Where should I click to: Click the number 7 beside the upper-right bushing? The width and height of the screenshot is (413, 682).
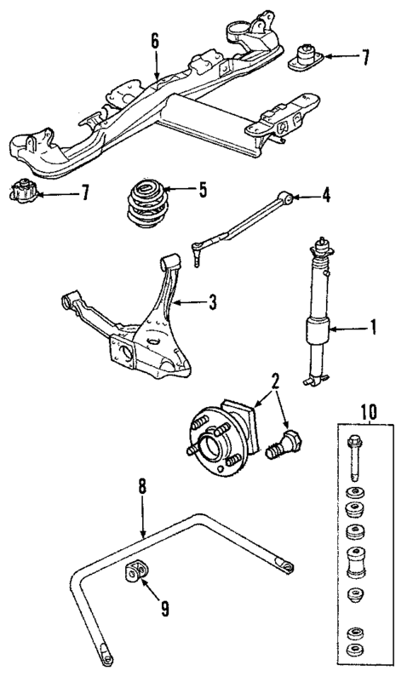pyautogui.click(x=365, y=58)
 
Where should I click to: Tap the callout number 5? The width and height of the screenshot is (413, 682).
pyautogui.click(x=203, y=190)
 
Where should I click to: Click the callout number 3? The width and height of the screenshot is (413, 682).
pyautogui.click(x=213, y=301)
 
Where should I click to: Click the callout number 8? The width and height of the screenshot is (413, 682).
pyautogui.click(x=142, y=487)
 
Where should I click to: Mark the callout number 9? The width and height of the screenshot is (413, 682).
pyautogui.click(x=166, y=610)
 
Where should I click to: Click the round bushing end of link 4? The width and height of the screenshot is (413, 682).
pyautogui.click(x=290, y=198)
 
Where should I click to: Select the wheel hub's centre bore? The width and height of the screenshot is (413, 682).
pyautogui.click(x=205, y=444)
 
